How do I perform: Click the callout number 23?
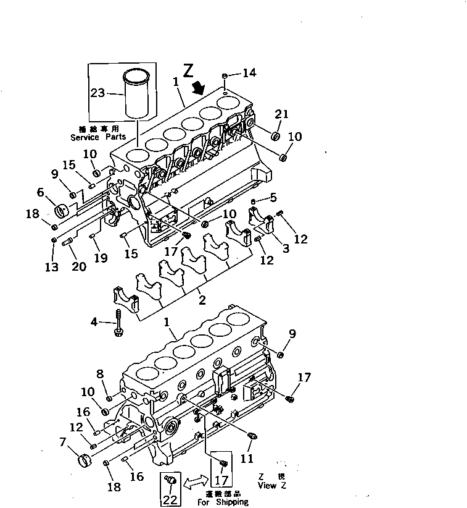pos(97,93)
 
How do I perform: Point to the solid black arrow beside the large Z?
pos(199,87)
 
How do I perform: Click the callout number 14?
pos(249,74)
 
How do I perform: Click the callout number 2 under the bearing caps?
pos(202,300)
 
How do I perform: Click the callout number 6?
pos(41,192)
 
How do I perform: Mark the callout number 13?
pos(51,266)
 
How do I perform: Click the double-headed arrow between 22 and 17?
pos(195,479)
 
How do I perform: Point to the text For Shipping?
pos(223,502)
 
